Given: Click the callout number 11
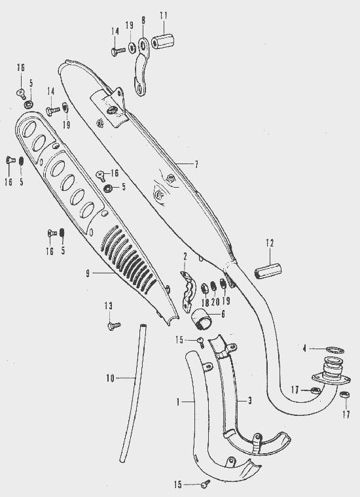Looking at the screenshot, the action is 164,16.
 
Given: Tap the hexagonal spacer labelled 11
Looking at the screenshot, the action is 164,41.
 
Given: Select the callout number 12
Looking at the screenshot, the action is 270,243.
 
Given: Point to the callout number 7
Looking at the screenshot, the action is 196,165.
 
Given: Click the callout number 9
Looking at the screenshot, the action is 88,273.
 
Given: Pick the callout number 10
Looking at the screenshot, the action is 110,378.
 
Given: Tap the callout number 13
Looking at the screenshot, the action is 108,306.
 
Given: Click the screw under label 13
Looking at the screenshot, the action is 113,326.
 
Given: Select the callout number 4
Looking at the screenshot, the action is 304,349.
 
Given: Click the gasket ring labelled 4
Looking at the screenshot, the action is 335,351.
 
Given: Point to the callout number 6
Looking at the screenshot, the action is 223,314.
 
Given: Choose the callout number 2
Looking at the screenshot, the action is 185,256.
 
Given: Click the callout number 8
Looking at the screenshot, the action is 143,21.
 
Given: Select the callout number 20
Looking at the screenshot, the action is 215,301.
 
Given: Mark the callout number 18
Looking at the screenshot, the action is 206,303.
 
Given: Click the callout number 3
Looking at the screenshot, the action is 250,401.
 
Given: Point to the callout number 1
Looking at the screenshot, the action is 178,402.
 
